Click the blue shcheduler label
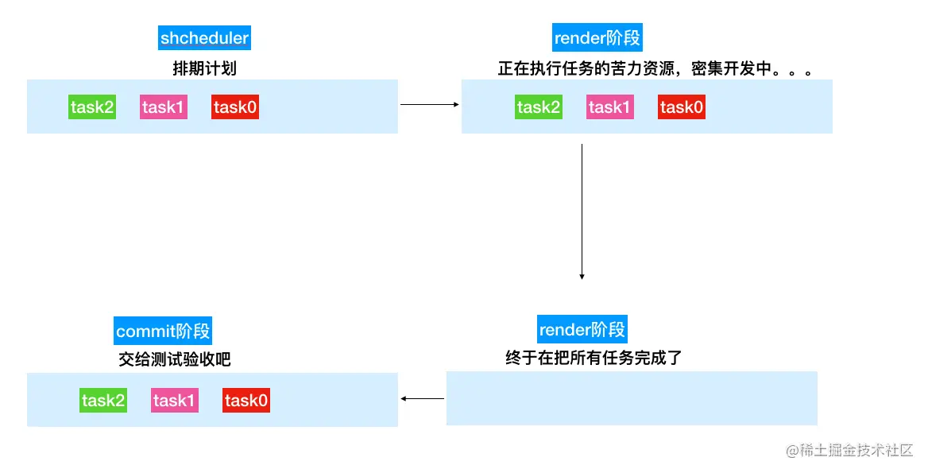tap(204, 37)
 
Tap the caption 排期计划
tap(204, 68)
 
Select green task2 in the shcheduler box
tap(92, 107)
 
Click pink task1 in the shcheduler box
tap(164, 107)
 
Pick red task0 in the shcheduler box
tap(235, 107)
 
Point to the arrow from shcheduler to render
tap(429, 104)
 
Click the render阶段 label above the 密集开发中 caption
tap(597, 37)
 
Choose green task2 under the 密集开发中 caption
tap(539, 107)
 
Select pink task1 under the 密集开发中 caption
tap(610, 107)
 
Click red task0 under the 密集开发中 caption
tap(682, 107)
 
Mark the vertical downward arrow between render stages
tap(582, 211)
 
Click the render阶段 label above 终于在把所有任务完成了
tap(582, 329)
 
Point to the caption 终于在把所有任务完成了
tap(594, 358)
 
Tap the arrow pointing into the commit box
tap(423, 398)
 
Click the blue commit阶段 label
tap(164, 331)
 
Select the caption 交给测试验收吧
tap(175, 359)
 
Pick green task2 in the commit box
tap(103, 401)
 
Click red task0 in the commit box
tap(246, 401)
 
